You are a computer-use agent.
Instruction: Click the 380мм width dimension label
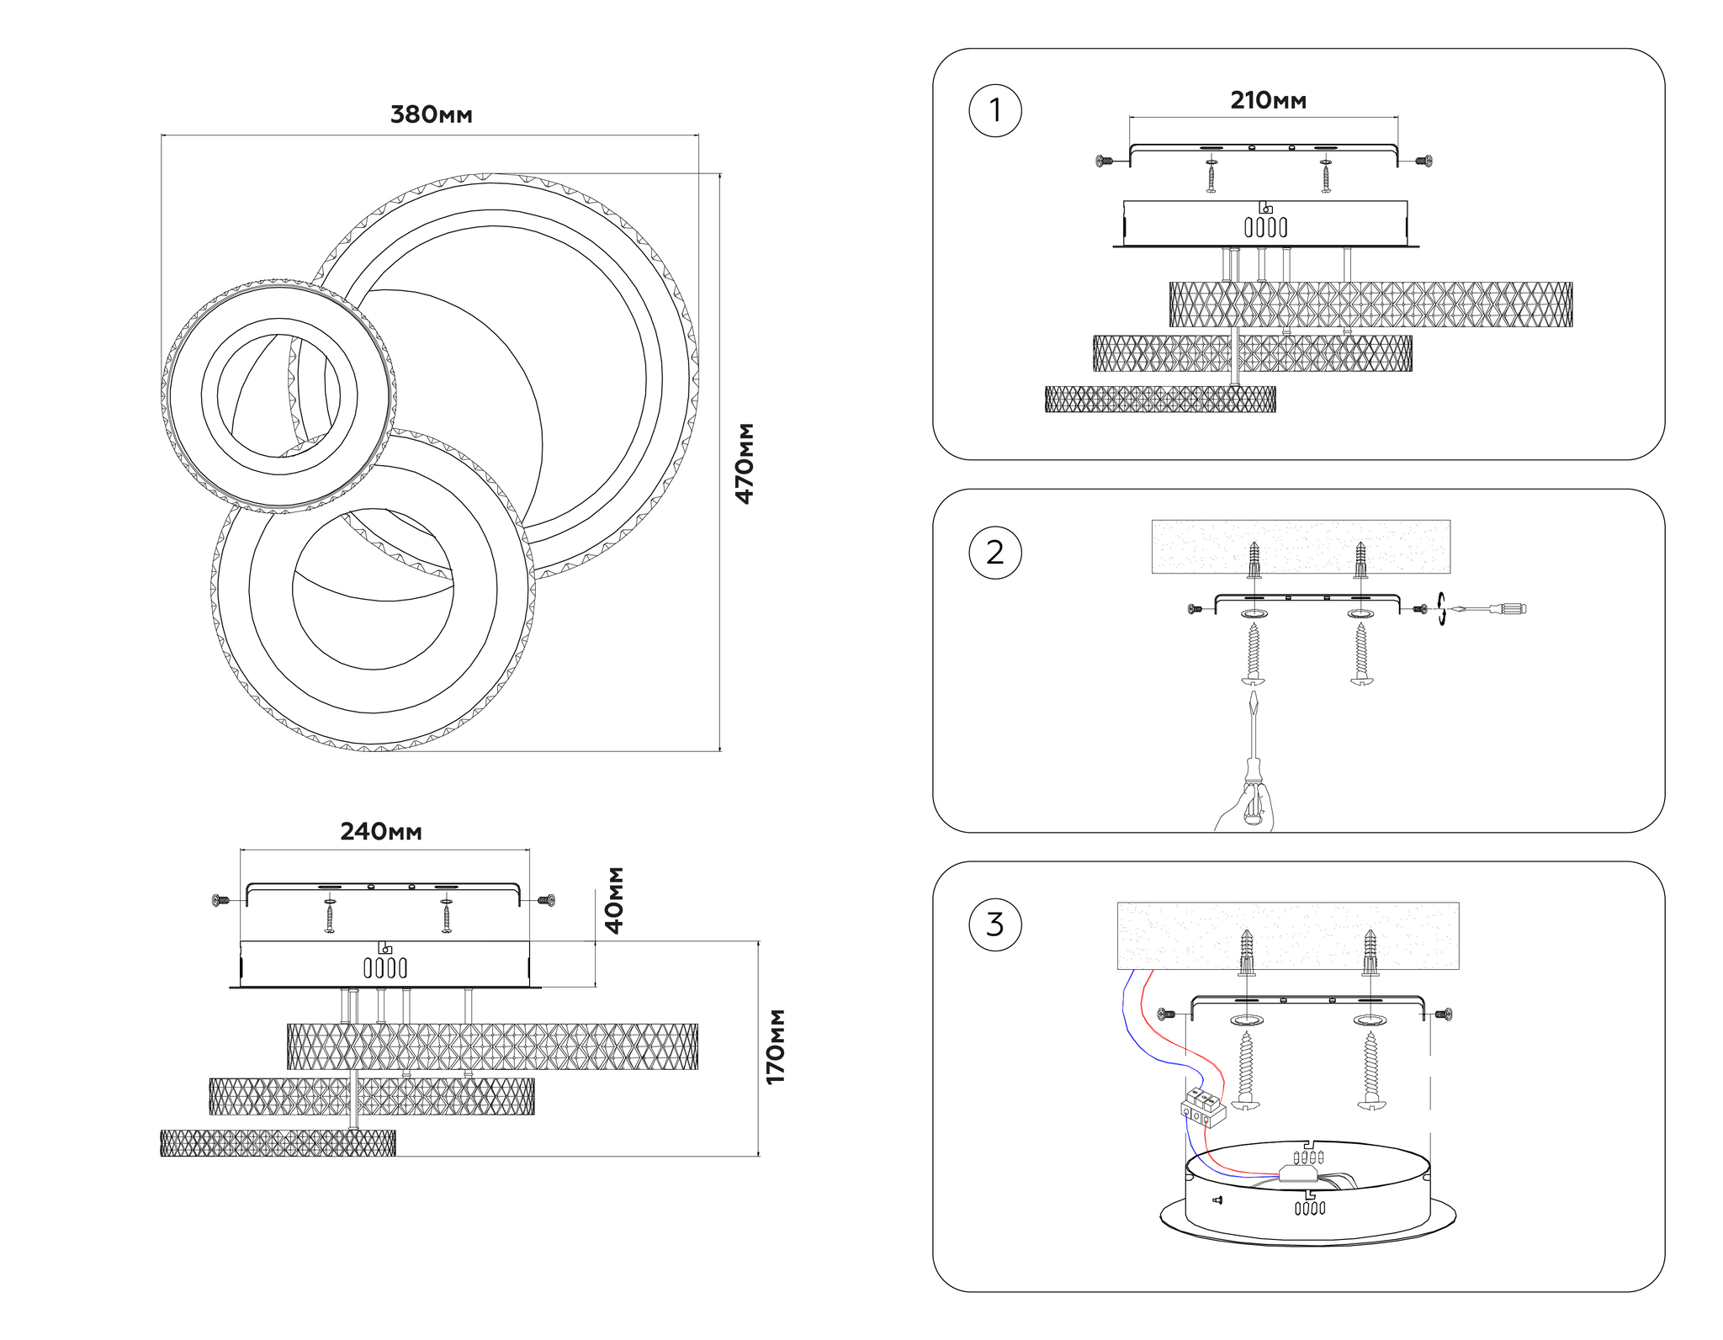pyautogui.click(x=431, y=115)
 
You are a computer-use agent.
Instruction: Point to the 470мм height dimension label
pyautogui.click(x=745, y=463)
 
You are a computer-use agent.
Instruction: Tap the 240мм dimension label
pyautogui.click(x=380, y=832)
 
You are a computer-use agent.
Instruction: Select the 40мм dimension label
pyautogui.click(x=615, y=900)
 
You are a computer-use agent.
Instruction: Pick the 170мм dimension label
pyautogui.click(x=775, y=1046)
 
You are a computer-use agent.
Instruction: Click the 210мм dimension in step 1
pyautogui.click(x=1268, y=101)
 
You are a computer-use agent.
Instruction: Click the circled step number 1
pyautogui.click(x=995, y=110)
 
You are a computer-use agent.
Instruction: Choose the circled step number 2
pyautogui.click(x=995, y=553)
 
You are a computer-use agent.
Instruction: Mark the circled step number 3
pyautogui.click(x=995, y=924)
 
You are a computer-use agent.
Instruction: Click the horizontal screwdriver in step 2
pyautogui.click(x=1489, y=608)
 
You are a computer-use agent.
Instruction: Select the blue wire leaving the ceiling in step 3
pyautogui.click(x=1125, y=1009)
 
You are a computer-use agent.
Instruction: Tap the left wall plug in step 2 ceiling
pyautogui.click(x=1254, y=559)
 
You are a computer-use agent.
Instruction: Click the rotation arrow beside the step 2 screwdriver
pyautogui.click(x=1441, y=608)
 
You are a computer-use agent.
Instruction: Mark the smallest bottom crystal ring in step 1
pyautogui.click(x=1160, y=400)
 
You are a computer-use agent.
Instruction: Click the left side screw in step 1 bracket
pyautogui.click(x=1105, y=160)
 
